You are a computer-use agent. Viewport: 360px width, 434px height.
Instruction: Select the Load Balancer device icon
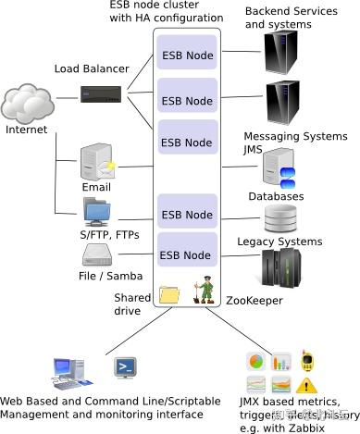[x=103, y=94]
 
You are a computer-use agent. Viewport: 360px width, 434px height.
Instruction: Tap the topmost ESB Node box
[x=187, y=56]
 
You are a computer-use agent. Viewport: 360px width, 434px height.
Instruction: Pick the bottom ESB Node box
[x=187, y=254]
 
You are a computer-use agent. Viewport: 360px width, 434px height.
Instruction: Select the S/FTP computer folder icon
[x=97, y=212]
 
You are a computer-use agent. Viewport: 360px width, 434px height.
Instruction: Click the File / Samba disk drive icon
[x=98, y=254]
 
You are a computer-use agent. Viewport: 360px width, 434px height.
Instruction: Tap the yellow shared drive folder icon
[x=169, y=295]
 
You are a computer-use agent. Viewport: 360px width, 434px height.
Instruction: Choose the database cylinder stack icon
[x=279, y=218]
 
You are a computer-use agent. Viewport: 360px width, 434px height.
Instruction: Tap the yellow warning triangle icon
[x=306, y=383]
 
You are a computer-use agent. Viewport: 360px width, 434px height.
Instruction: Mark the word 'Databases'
[x=276, y=196]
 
